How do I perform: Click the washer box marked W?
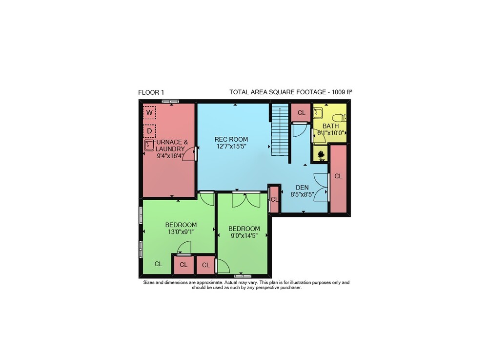pyautogui.click(x=149, y=112)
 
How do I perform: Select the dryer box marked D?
pyautogui.click(x=149, y=131)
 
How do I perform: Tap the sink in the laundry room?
pyautogui.click(x=149, y=146)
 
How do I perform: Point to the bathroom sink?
pyautogui.click(x=318, y=113)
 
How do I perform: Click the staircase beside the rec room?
pyautogui.click(x=280, y=129)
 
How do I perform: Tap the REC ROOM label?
pyautogui.click(x=231, y=139)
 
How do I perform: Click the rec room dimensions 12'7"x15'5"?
pyautogui.click(x=231, y=147)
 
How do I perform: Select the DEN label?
pyautogui.click(x=302, y=188)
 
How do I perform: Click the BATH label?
pyautogui.click(x=330, y=126)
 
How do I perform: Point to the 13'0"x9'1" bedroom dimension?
pyautogui.click(x=181, y=232)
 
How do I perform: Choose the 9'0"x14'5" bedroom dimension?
pyautogui.click(x=244, y=236)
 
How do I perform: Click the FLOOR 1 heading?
pyautogui.click(x=151, y=92)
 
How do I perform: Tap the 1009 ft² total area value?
pyautogui.click(x=342, y=92)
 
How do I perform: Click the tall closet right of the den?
pyautogui.click(x=338, y=179)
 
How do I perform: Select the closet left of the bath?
pyautogui.click(x=301, y=112)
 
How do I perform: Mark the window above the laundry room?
pyautogui.click(x=170, y=101)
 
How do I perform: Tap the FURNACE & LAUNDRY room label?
pyautogui.click(x=170, y=146)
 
